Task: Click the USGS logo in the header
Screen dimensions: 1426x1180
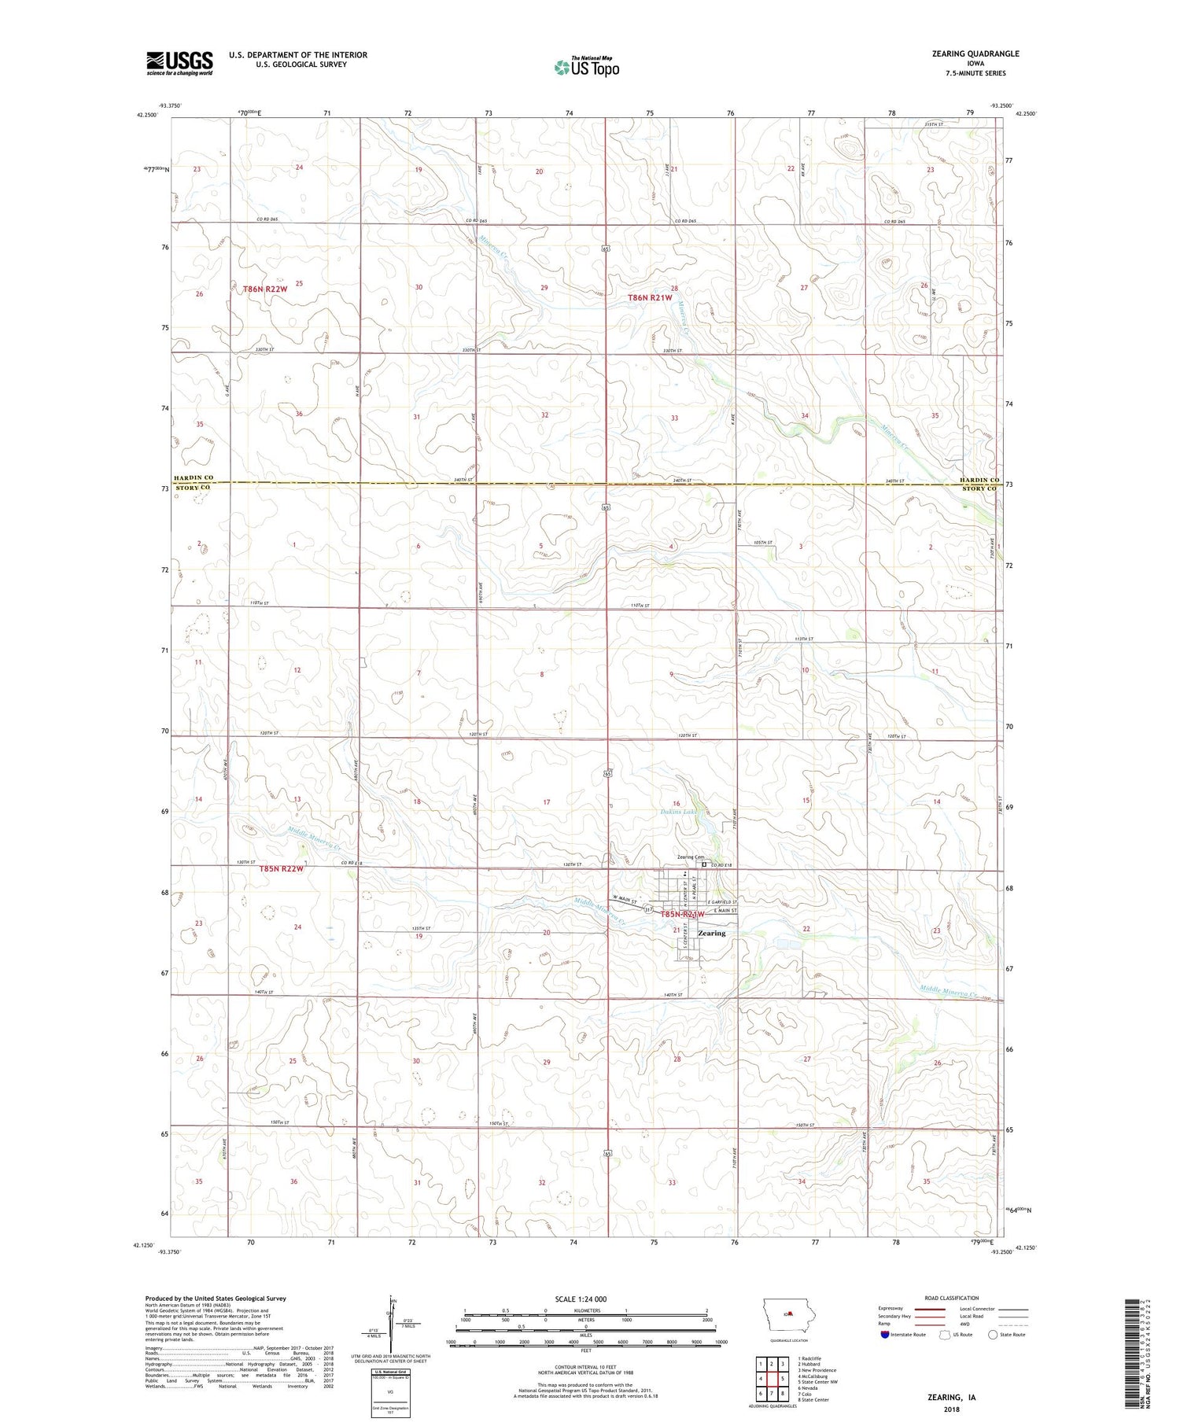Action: [x=179, y=63]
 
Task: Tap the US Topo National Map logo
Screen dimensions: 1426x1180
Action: [x=586, y=68]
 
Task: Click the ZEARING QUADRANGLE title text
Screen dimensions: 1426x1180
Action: [x=973, y=53]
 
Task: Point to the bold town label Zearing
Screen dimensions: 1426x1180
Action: [x=711, y=933]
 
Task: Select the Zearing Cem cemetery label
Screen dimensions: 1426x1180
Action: [x=684, y=858]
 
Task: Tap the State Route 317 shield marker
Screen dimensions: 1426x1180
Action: [x=648, y=909]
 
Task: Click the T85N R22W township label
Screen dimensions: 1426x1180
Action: [x=281, y=869]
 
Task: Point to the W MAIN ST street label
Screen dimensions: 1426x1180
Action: [x=628, y=899]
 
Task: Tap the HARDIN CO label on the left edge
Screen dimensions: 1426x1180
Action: [x=194, y=477]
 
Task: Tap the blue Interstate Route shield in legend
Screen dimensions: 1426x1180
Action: [x=884, y=1335]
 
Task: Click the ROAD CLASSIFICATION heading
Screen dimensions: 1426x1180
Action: [x=952, y=1298]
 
